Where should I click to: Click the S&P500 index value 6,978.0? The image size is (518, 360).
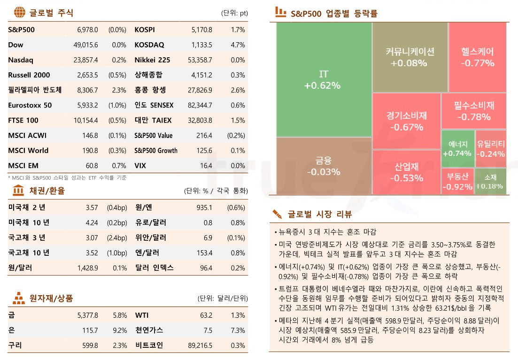[x=87, y=30]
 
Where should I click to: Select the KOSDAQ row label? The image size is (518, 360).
[x=149, y=45]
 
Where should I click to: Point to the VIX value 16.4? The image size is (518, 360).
[x=206, y=166]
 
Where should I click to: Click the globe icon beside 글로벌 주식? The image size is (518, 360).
[x=19, y=12]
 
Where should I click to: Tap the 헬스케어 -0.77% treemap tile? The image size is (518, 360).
[x=477, y=57]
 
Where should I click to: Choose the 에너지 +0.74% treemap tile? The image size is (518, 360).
[x=457, y=148]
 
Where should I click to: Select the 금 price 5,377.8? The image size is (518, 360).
[x=87, y=315]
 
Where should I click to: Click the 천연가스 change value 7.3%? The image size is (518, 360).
[x=238, y=330]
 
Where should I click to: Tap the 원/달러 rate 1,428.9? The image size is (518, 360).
[x=87, y=268]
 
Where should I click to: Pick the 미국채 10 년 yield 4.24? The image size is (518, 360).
[x=92, y=222]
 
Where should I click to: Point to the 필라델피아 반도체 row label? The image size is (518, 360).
[x=35, y=90]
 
